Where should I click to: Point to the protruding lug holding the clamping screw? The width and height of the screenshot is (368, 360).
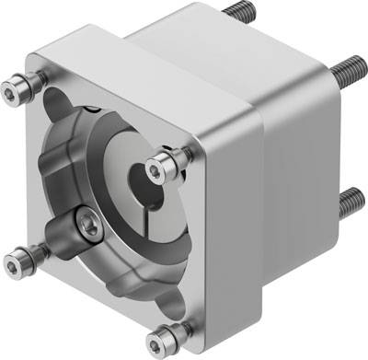point(78,226)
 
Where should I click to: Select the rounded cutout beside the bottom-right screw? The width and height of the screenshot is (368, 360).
point(152,299)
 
